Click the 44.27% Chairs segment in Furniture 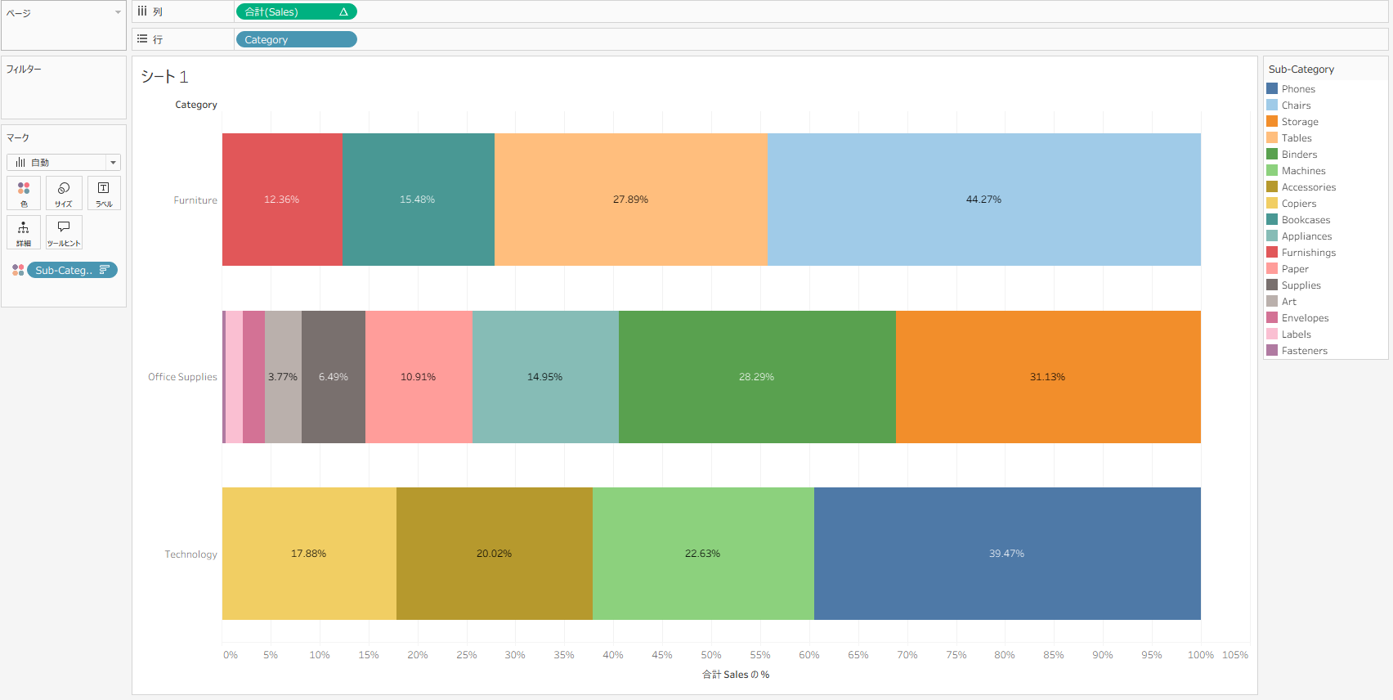coord(983,200)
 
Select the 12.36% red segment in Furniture coord(282,200)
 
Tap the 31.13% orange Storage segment coord(1047,377)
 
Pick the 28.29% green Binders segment coord(756,377)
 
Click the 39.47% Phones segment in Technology coord(1006,554)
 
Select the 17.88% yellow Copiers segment coord(308,554)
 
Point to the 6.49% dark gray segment coord(333,377)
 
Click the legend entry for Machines coord(1303,171)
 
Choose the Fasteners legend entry coord(1304,351)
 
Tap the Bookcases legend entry coord(1306,220)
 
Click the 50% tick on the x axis coord(711,655)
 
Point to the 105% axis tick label coord(1234,655)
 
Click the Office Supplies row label coord(182,377)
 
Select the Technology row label coord(190,554)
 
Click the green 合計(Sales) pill coord(296,12)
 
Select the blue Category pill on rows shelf coord(296,40)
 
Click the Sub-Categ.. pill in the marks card coord(72,271)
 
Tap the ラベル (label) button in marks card coord(104,194)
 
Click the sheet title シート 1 coord(164,77)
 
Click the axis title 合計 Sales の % coord(736,675)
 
